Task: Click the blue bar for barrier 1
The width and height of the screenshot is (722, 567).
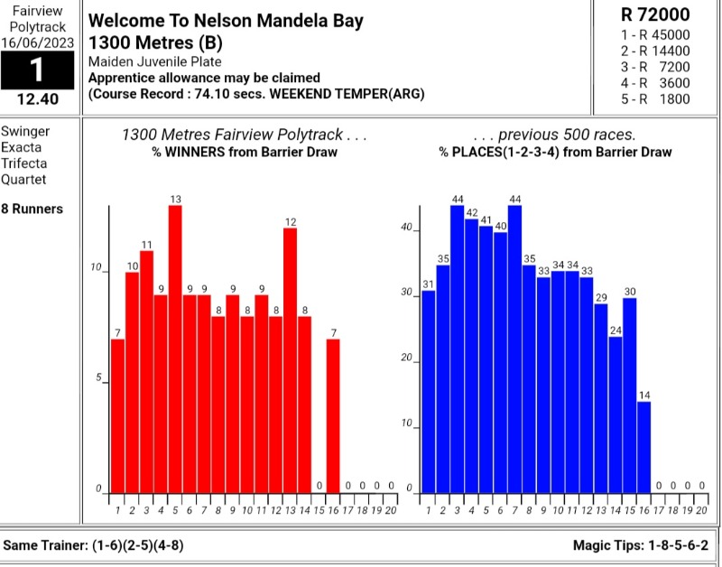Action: click(429, 392)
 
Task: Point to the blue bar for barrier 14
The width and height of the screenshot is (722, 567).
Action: click(615, 414)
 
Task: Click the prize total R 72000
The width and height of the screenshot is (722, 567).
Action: click(656, 14)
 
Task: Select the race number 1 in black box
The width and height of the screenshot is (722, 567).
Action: click(37, 70)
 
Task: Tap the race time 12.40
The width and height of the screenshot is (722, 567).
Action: click(37, 100)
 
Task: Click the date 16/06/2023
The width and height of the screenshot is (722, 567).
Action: click(37, 42)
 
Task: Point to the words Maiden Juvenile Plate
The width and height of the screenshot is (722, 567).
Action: click(154, 61)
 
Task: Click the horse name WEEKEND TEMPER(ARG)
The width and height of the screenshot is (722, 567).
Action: click(360, 94)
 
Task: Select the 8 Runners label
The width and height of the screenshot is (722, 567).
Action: click(32, 209)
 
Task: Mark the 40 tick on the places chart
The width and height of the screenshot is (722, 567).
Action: click(407, 228)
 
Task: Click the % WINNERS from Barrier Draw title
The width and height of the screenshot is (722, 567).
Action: click(245, 152)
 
